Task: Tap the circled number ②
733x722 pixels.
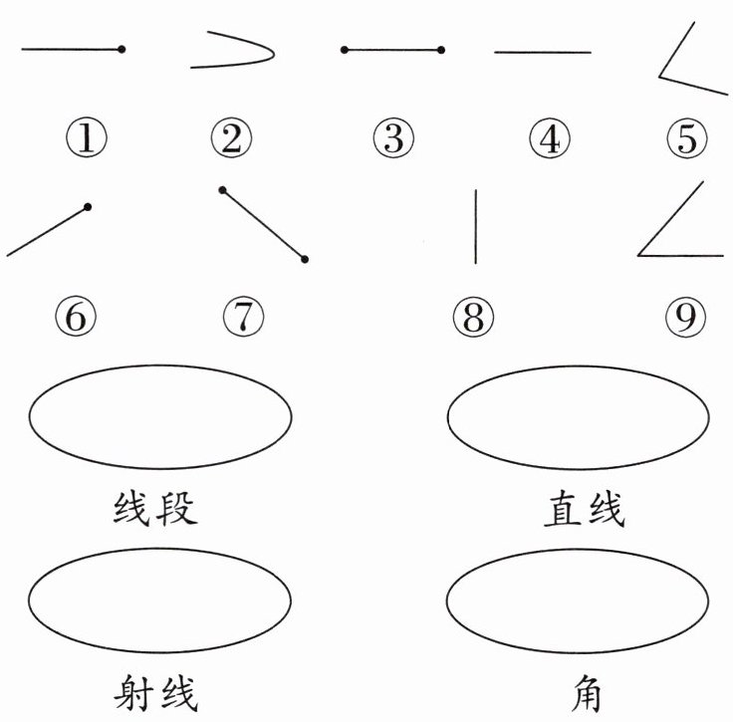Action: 231,138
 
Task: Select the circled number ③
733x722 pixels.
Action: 393,138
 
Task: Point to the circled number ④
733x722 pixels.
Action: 547,138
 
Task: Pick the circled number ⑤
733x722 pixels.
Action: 687,138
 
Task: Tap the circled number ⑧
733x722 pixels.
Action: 473,319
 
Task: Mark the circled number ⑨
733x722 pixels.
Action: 685,319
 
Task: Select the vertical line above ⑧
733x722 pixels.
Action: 475,227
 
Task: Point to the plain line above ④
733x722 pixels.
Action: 543,52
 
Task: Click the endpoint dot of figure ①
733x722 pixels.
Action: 122,49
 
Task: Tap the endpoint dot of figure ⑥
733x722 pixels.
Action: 89,207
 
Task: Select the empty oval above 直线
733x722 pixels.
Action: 579,416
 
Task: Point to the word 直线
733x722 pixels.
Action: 584,510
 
